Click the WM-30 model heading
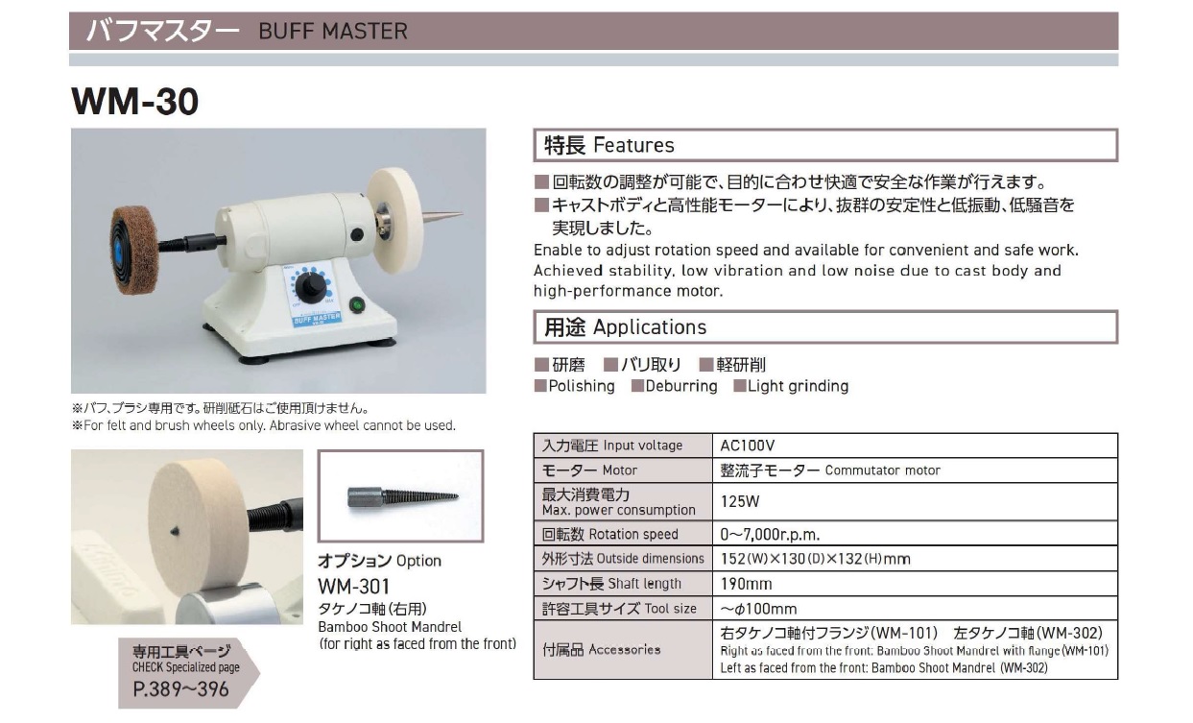[134, 101]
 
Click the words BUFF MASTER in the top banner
[333, 32]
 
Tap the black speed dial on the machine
[311, 287]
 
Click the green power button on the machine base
[356, 306]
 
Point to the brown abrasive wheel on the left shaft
[134, 242]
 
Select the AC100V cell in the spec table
[748, 446]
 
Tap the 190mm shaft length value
[746, 584]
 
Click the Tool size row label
[619, 609]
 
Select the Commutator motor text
[882, 470]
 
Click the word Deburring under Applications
[681, 386]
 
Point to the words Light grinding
[798, 386]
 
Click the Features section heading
[608, 145]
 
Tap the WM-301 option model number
[353, 587]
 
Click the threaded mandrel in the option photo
[403, 496]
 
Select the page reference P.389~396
[180, 689]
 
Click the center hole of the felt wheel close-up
[174, 531]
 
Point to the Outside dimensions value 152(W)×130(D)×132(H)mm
[815, 559]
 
